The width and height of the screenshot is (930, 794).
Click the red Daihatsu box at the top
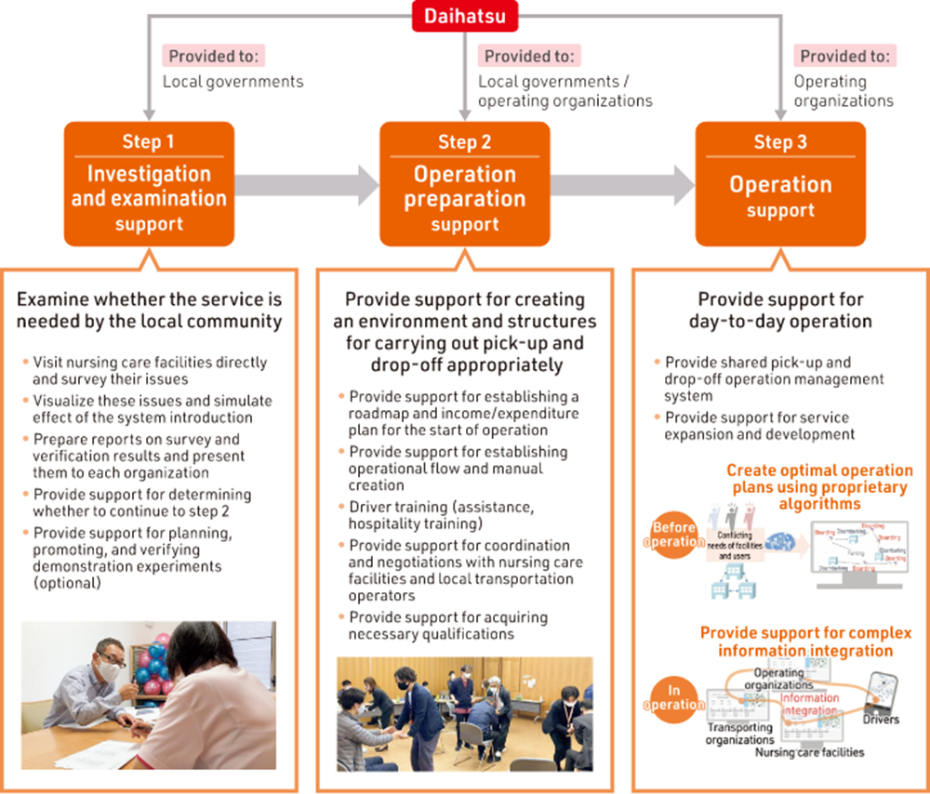click(464, 16)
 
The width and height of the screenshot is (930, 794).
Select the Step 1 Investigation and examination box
click(149, 184)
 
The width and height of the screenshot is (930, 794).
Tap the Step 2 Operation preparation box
click(464, 184)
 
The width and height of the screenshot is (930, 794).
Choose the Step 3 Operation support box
click(780, 184)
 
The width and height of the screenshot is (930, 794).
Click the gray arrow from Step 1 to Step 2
click(308, 185)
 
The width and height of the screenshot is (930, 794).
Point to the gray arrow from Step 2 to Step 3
click(624, 185)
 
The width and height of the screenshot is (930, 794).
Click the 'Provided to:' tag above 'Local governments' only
click(214, 56)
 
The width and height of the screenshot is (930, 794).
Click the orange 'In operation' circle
click(673, 697)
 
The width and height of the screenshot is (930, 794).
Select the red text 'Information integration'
click(809, 705)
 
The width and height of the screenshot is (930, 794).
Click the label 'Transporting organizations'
click(740, 734)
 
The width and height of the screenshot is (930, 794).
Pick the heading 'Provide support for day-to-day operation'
click(780, 311)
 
